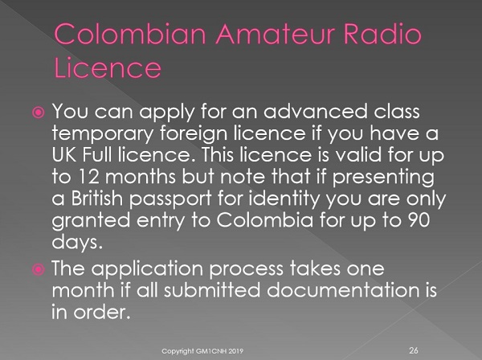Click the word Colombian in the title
coord(130,34)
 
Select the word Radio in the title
coord(382,34)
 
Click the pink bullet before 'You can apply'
coord(39,112)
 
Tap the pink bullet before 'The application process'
coord(39,270)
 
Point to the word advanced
coord(316,111)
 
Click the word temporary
coord(102,134)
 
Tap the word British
coord(97,198)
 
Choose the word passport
coord(170,200)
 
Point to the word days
coord(77,243)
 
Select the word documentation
coord(343,290)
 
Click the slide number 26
coord(414,350)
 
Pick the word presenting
coord(383,178)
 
